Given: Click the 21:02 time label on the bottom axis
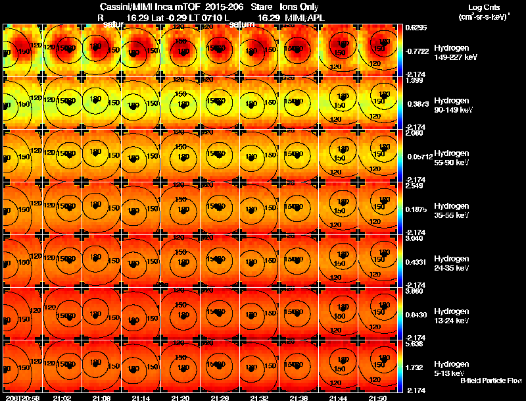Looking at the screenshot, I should coord(62,398).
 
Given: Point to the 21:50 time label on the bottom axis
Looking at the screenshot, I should coord(377,398).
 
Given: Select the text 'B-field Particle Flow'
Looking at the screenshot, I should coord(490,381).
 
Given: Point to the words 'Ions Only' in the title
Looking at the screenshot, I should coord(299,6).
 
